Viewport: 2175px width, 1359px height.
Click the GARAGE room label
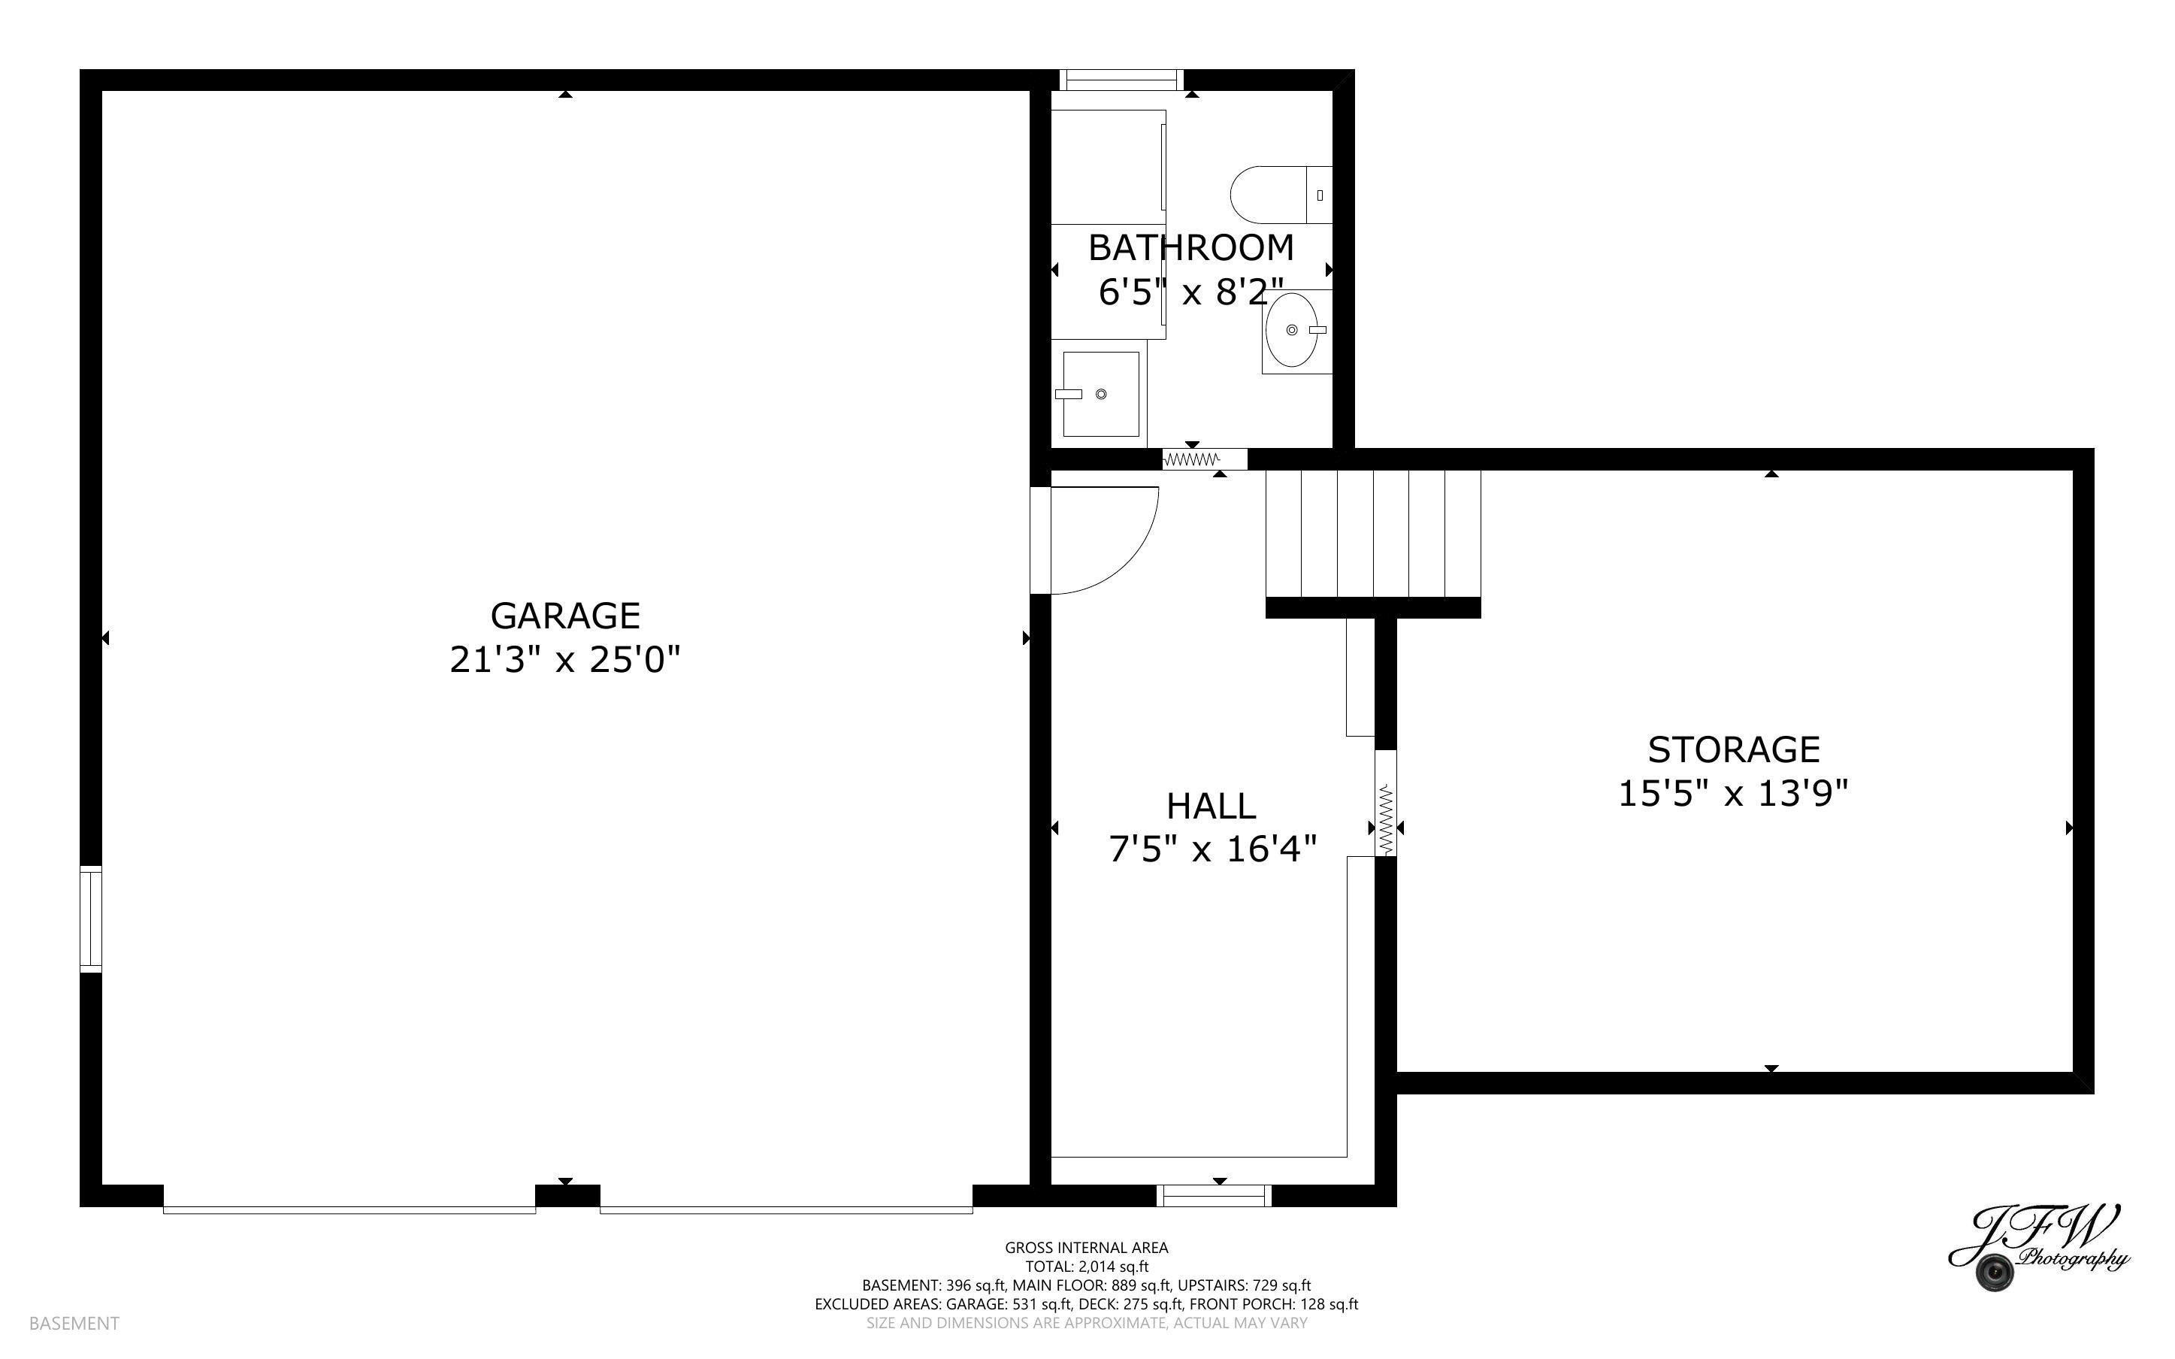pos(565,616)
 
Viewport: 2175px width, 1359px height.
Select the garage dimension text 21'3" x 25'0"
pos(565,661)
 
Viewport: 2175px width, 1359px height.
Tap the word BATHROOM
pos(1190,247)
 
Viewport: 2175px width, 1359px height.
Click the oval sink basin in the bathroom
pos(1292,331)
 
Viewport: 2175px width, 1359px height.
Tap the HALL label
pos(1211,807)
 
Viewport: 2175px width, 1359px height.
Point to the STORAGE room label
pos(1733,749)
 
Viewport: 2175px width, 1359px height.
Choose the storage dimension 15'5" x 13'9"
pos(1733,794)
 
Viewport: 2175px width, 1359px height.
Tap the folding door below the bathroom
pos(1204,459)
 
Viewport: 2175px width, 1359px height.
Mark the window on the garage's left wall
pos(91,919)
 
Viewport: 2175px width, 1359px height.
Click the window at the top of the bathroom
pos(1121,80)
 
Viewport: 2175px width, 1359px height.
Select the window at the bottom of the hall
pos(1214,1195)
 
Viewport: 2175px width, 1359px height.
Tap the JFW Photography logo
pos(2037,1249)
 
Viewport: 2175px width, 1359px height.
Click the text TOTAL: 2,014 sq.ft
pos(1086,1267)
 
